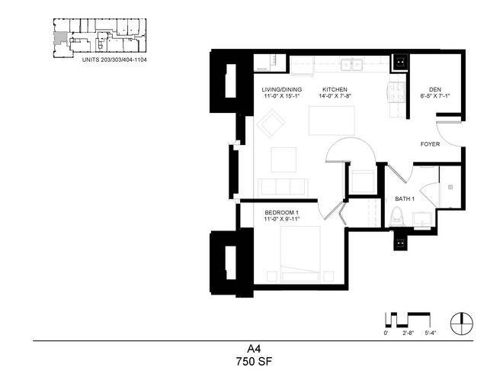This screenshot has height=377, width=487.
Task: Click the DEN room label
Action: (x=435, y=89)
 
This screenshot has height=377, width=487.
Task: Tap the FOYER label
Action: (x=430, y=144)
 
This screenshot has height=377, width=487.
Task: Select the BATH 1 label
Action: (x=405, y=198)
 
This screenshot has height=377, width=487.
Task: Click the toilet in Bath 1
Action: (x=397, y=216)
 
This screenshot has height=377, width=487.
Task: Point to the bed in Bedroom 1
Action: (x=300, y=254)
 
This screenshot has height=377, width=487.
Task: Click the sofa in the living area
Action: (x=283, y=187)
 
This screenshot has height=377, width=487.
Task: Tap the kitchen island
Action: (x=332, y=121)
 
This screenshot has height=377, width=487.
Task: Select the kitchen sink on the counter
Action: (x=352, y=65)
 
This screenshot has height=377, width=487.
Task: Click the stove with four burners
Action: (x=397, y=92)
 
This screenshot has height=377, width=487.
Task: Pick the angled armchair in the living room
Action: (x=271, y=123)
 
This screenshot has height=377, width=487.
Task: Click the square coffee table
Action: (x=284, y=159)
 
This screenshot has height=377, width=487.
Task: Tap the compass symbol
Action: (x=462, y=324)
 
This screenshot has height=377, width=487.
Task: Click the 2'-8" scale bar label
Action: (x=409, y=333)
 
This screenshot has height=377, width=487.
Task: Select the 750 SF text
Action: (x=254, y=362)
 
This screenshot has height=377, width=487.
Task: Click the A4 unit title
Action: (x=254, y=349)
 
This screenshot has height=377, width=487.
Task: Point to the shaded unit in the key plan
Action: (x=61, y=37)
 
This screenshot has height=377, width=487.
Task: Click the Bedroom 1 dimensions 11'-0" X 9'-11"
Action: (x=282, y=219)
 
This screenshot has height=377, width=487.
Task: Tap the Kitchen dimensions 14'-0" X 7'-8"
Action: (x=335, y=96)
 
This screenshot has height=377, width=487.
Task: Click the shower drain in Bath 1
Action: (x=450, y=187)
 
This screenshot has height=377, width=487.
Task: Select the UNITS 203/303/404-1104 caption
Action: (x=114, y=60)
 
